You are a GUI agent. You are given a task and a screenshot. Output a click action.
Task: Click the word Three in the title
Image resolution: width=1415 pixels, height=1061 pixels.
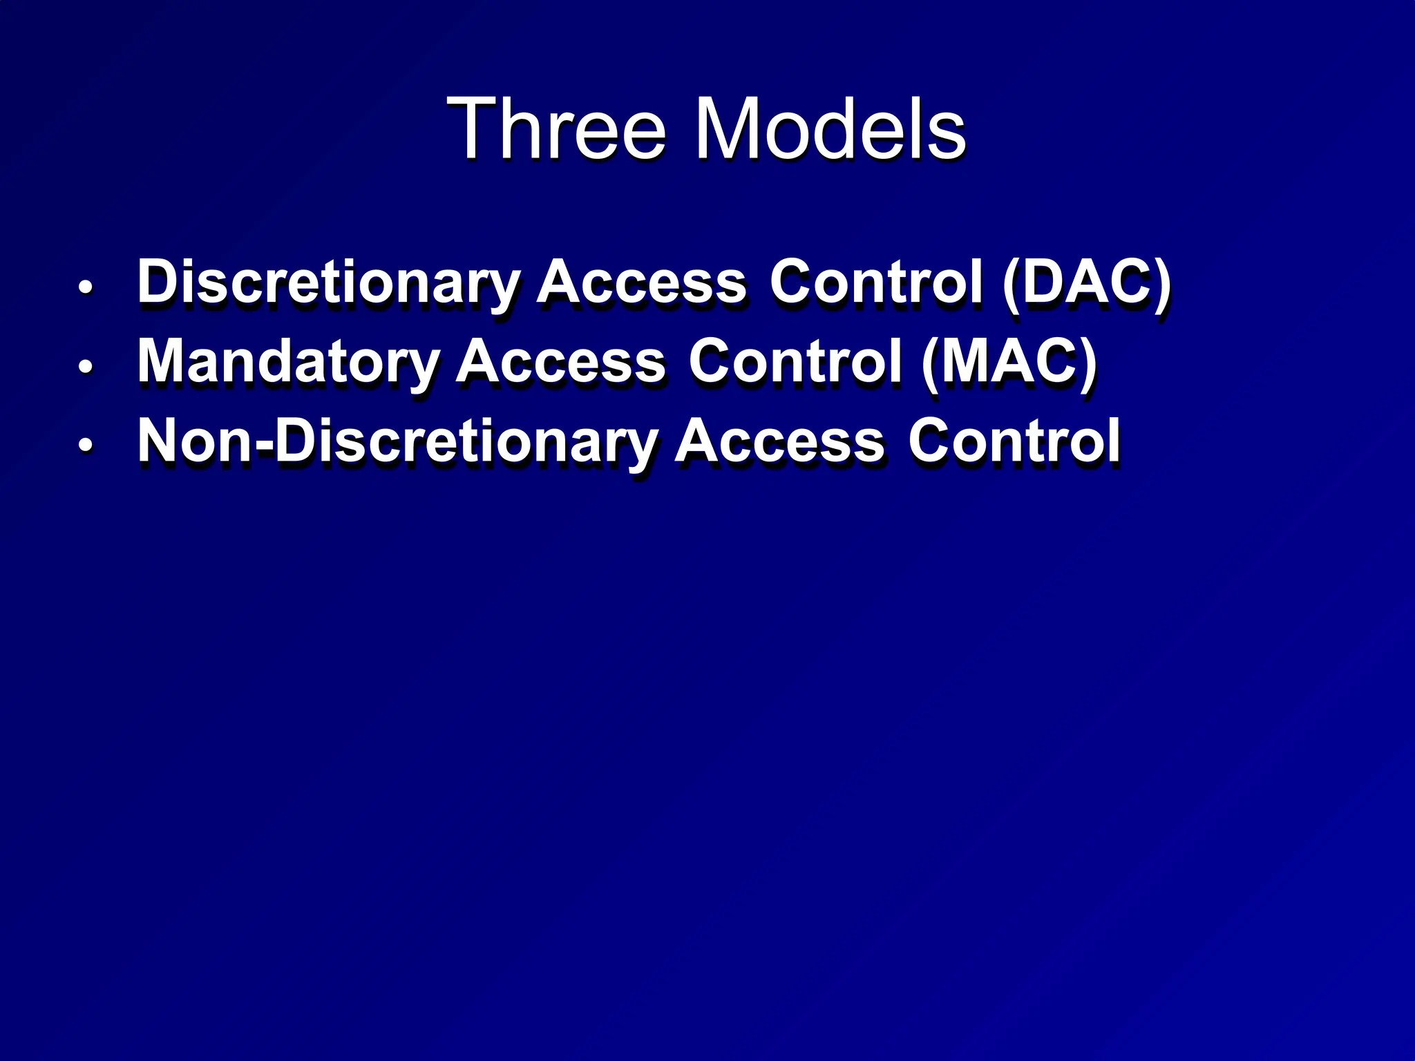[x=557, y=129]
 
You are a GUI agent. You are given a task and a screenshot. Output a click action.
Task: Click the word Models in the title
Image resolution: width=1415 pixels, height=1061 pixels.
[x=829, y=129]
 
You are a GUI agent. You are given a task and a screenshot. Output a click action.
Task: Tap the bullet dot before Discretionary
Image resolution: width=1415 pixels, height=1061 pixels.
[x=85, y=287]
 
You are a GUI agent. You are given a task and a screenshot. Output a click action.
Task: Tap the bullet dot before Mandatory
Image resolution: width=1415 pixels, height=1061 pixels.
[x=85, y=367]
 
